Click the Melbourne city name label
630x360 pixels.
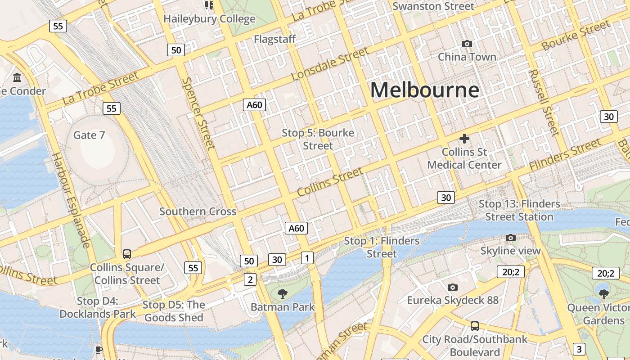coord(424,90)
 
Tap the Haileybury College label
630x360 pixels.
coord(209,19)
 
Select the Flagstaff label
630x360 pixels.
coord(274,39)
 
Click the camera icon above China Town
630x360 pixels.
coord(467,44)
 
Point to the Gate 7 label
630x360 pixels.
coord(89,135)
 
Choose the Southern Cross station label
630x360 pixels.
coord(198,211)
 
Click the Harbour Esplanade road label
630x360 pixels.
coord(71,200)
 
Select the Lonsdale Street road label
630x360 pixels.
coord(330,64)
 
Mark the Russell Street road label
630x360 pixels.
coord(544,103)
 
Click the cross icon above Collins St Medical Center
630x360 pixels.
coord(464,139)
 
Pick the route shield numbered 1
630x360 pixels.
coord(307,258)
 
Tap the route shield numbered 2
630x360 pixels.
coord(250,279)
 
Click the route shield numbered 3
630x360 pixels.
coord(579,349)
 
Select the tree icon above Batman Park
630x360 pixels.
coord(283,294)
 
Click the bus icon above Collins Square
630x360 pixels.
coord(127,254)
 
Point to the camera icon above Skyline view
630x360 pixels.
coord(510,238)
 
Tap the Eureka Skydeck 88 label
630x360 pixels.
coord(453,300)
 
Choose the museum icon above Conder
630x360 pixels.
coord(18,78)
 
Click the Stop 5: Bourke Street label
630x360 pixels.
coord(318,139)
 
